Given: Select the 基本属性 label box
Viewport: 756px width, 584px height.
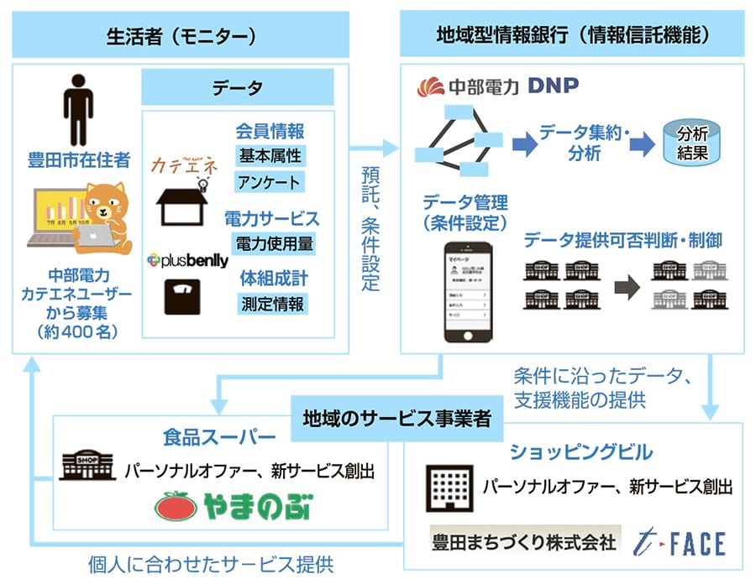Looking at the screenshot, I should coord(270,156).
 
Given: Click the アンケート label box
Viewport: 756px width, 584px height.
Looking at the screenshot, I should coord(270,183).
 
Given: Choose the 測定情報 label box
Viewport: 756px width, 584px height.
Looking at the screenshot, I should coord(270,303).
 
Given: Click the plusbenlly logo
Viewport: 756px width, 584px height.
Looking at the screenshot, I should coord(186,261).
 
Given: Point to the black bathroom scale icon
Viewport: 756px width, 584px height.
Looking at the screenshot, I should coord(181,300).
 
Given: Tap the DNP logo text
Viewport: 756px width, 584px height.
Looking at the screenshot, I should coord(553,87).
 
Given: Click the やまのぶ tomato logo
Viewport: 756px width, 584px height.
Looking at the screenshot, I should coord(231,505).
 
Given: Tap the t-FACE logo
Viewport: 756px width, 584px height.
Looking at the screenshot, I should coord(680,542).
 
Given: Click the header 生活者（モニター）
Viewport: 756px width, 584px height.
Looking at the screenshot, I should coord(181,36).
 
